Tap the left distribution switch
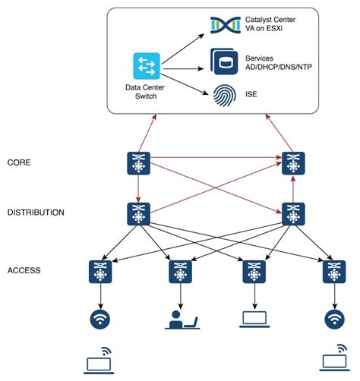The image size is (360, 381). [x=139, y=214]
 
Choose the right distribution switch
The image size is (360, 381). [x=292, y=214]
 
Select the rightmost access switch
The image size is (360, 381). [x=332, y=271]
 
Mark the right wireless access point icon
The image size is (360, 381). [x=332, y=319]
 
